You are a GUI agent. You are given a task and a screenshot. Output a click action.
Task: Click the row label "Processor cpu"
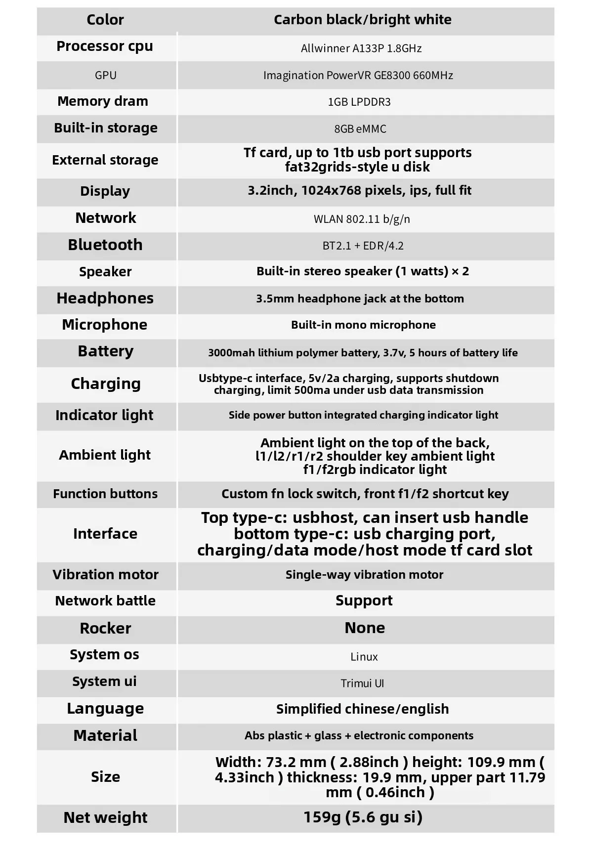105,46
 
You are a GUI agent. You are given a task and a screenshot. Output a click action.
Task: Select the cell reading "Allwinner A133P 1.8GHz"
361,48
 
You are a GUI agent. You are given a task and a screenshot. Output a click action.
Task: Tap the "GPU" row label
105,75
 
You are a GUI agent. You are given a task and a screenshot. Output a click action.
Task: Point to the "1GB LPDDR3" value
359,102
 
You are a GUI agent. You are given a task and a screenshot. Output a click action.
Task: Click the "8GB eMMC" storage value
360,129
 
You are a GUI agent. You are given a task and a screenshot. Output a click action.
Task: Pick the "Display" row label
105,191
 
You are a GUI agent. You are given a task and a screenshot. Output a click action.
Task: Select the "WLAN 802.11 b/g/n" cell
362,219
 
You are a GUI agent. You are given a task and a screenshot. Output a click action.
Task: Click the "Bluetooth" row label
105,245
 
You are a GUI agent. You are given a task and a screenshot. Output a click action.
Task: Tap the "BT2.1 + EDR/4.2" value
363,246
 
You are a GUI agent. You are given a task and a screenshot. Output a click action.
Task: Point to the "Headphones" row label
105,299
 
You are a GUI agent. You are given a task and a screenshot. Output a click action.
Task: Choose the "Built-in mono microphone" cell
363,325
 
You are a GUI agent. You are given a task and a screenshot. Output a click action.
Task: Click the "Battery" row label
106,351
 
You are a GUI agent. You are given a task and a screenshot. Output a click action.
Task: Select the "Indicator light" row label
104,415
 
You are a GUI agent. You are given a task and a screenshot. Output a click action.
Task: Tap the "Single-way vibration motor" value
364,575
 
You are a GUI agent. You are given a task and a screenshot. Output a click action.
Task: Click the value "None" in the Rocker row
365,628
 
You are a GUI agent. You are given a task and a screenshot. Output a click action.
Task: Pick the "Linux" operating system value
364,657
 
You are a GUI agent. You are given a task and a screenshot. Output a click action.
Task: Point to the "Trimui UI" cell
362,684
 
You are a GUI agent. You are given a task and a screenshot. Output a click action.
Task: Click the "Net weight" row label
105,817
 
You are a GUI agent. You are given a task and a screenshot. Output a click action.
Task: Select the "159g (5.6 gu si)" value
363,817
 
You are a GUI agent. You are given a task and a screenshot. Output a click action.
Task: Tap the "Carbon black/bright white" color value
363,20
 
